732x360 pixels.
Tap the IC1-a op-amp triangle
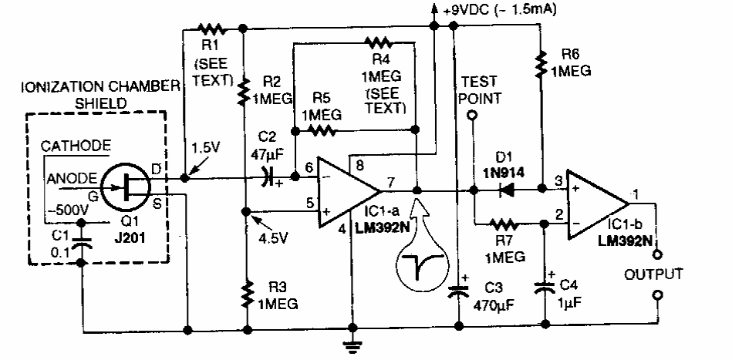[x=347, y=191]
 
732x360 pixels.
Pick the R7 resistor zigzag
[x=506, y=225]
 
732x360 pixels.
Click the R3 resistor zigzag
[x=245, y=294]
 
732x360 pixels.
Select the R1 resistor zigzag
[x=211, y=29]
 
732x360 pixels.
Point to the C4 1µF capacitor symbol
[x=545, y=286]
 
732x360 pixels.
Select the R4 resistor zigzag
[x=379, y=41]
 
